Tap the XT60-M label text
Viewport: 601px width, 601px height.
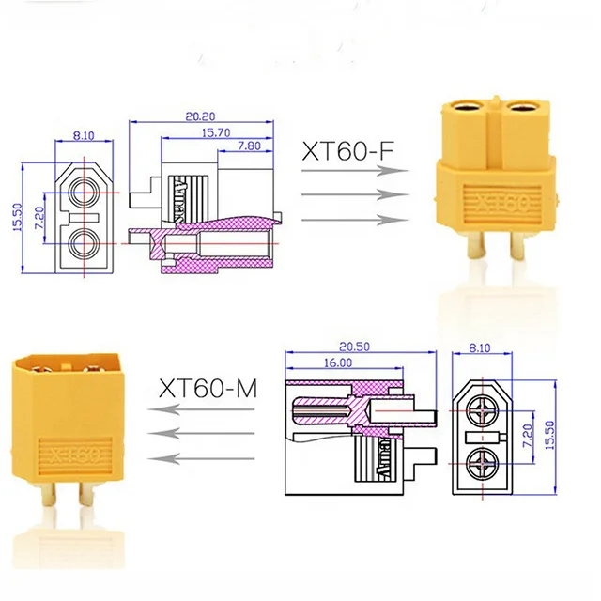(208, 387)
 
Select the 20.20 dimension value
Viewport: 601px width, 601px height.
(198, 117)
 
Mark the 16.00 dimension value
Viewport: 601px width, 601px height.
(339, 362)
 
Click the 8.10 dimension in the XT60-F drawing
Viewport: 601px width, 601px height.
(82, 135)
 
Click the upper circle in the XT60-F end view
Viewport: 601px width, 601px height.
(83, 192)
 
